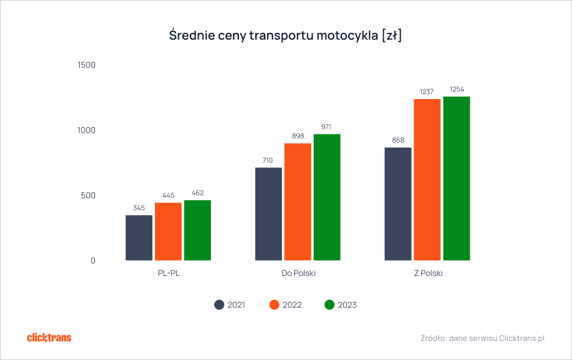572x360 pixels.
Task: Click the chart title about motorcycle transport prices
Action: tap(285, 36)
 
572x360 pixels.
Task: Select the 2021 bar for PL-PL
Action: tap(139, 238)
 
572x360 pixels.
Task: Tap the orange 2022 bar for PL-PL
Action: tap(168, 232)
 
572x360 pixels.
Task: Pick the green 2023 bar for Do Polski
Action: tap(327, 197)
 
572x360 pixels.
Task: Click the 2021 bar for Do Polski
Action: tap(268, 214)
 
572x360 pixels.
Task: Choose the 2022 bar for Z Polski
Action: tap(427, 180)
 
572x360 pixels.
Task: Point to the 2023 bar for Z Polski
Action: tap(457, 178)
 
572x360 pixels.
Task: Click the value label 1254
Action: tap(457, 89)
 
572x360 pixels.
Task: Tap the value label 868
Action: tap(398, 140)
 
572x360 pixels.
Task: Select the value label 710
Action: tap(268, 161)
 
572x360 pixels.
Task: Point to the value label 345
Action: tap(139, 208)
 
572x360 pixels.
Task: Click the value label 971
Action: tap(327, 127)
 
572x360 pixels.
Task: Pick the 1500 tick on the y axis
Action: tap(87, 66)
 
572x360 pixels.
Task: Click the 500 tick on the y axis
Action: tap(89, 195)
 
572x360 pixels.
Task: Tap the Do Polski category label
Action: tap(298, 273)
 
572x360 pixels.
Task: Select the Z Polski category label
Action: tap(427, 273)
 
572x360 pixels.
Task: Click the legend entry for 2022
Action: tap(285, 305)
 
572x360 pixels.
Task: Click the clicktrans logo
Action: tap(48, 337)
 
